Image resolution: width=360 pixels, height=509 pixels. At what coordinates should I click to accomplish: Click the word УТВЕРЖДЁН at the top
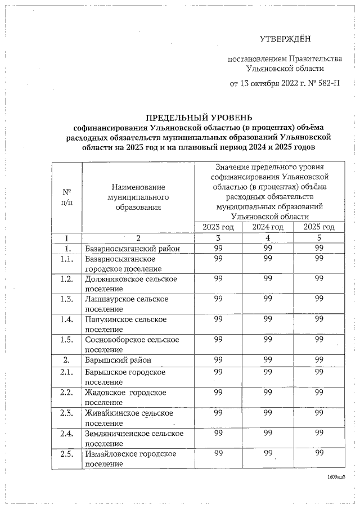coord(285,39)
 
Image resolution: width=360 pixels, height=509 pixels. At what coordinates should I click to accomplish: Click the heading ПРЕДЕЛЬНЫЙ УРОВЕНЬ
coord(195,118)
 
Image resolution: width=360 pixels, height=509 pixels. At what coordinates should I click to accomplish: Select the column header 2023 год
coord(218,227)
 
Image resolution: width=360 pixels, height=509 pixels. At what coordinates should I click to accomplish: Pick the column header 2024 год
coord(267,227)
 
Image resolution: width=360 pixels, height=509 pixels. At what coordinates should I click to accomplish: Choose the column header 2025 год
coord(319,227)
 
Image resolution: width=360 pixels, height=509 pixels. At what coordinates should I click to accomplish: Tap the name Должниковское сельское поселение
coord(131,283)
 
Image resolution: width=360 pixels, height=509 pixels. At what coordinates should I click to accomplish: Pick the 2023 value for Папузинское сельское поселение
coord(218,319)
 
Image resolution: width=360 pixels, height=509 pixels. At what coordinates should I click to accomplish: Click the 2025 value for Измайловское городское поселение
coord(319,453)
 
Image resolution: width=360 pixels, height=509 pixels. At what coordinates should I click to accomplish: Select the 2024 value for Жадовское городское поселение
coord(267,392)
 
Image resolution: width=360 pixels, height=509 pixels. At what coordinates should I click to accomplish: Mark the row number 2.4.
coord(67,433)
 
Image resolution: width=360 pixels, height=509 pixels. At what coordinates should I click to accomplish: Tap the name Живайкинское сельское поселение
coord(128,418)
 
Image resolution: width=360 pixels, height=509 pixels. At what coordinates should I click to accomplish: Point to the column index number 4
coord(267,237)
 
